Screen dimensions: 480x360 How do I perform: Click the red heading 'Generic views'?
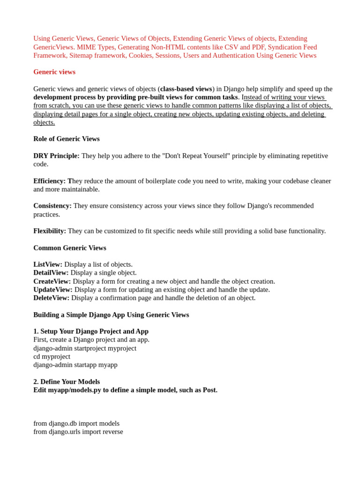(54, 72)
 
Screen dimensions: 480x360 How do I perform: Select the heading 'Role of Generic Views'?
(67, 139)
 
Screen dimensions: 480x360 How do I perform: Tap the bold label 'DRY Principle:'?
(56, 156)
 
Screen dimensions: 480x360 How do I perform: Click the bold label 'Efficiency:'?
(49, 181)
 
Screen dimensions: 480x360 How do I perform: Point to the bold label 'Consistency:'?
(52, 206)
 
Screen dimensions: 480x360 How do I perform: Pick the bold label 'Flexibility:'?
(50, 231)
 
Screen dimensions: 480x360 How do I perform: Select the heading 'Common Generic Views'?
(70, 248)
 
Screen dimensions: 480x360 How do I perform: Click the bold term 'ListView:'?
(48, 264)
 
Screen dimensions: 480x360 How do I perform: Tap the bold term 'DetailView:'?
(51, 273)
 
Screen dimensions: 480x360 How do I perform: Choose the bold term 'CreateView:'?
(52, 281)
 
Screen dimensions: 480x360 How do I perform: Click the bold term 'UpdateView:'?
(53, 290)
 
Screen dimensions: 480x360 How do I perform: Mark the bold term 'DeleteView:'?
(52, 298)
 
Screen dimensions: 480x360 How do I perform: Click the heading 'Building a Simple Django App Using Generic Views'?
(111, 315)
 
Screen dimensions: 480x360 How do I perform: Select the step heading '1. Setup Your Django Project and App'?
(91, 331)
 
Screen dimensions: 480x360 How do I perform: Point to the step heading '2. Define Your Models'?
(67, 382)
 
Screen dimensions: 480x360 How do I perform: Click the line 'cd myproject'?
(52, 356)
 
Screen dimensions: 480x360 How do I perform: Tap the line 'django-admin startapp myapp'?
(75, 365)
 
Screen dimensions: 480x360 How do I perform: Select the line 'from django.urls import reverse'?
(78, 432)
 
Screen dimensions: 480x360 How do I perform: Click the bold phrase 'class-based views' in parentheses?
(186, 89)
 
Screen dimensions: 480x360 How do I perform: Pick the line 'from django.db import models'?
(76, 423)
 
